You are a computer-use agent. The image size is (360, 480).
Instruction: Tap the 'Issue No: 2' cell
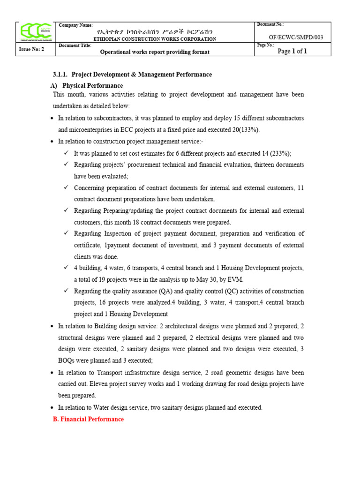coord(31,49)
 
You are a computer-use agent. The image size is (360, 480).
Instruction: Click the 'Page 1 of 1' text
coord(292,51)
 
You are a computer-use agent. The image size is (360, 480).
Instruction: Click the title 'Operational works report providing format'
coord(155,52)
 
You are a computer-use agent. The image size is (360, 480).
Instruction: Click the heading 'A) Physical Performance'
coord(86,86)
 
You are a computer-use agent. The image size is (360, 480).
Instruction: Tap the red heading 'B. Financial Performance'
coord(88,419)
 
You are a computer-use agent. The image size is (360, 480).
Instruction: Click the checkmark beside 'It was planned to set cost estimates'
coord(66,153)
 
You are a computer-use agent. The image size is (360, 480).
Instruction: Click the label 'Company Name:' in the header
coord(76,24)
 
